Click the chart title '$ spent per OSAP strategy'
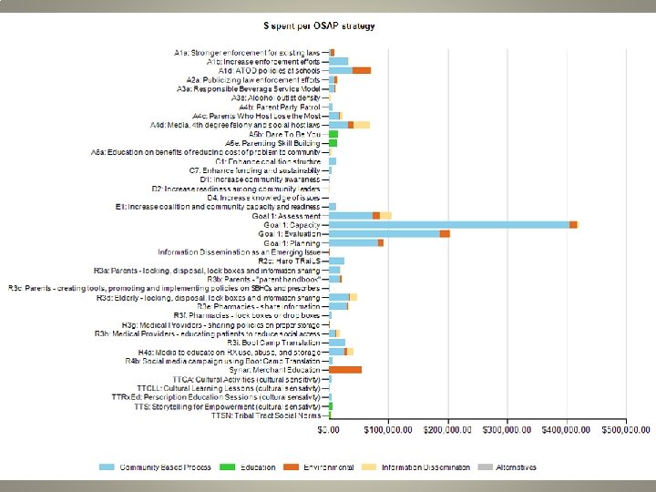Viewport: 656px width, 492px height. (332, 26)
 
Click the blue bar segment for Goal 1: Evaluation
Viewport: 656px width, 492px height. (384, 234)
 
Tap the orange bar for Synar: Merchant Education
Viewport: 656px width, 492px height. (345, 370)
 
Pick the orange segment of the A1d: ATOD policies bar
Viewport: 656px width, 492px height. (362, 70)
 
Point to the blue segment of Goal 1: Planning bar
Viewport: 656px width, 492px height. (353, 243)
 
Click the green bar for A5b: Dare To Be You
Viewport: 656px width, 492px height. (333, 134)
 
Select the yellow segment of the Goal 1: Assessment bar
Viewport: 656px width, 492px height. (385, 215)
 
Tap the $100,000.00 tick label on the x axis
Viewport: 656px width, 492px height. (388, 428)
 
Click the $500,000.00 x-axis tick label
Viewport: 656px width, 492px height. (626, 428)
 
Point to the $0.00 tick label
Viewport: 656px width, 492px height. (329, 428)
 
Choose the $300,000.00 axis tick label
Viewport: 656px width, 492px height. (507, 428)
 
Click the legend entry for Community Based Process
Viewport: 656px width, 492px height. (155, 467)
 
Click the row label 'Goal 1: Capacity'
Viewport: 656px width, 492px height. (292, 224)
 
